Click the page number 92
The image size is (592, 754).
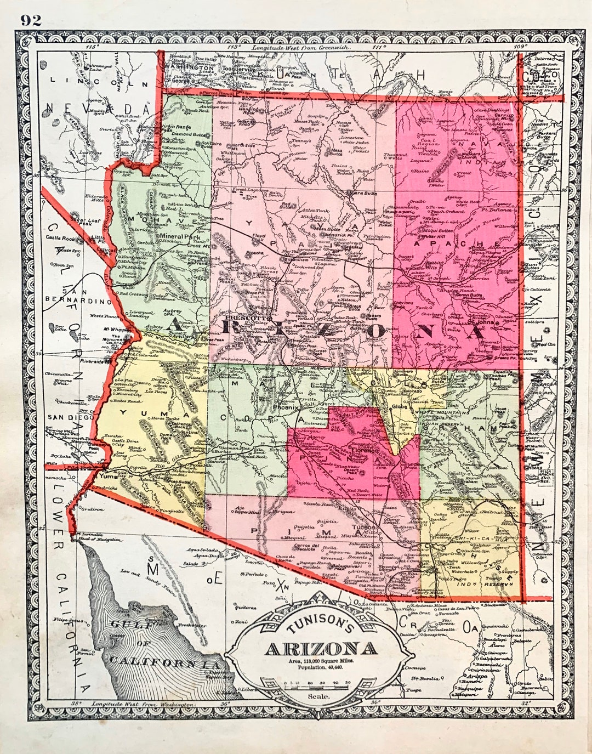tap(31, 20)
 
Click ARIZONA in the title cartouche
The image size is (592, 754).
tap(321, 649)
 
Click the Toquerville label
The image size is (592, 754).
tap(243, 70)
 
